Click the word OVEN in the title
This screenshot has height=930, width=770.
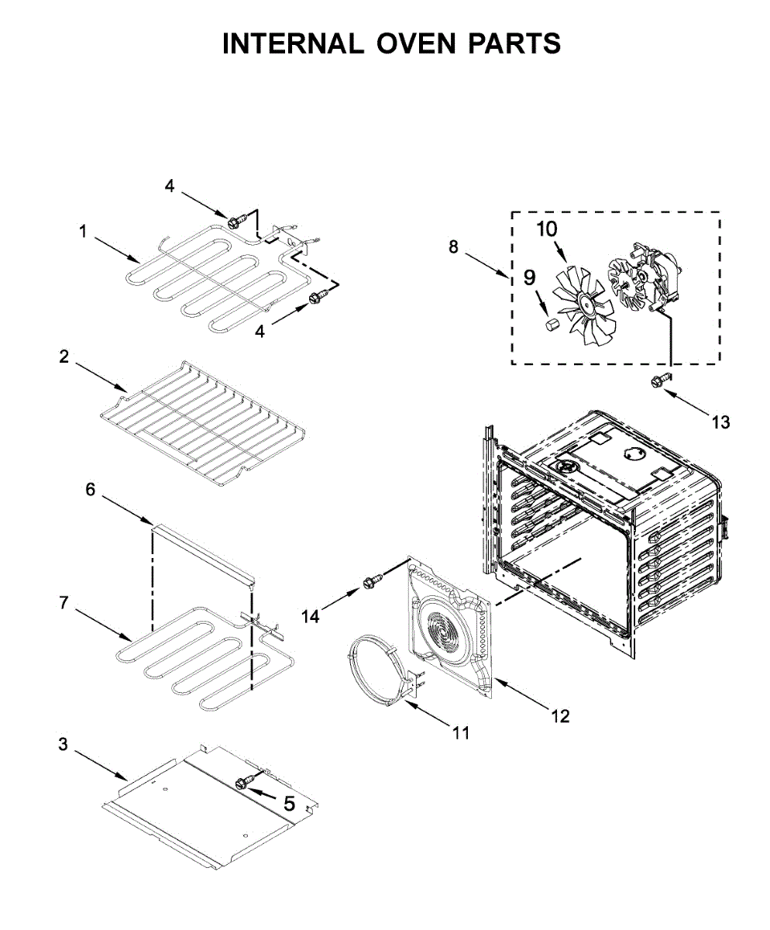(x=414, y=44)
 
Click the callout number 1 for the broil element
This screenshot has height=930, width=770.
(x=83, y=230)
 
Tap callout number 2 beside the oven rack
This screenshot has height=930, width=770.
(x=64, y=357)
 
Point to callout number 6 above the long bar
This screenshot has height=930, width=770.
(x=91, y=490)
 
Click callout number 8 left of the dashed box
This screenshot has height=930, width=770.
(x=453, y=247)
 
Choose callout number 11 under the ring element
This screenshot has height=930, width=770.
(x=461, y=732)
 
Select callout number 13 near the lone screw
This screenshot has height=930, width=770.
(x=720, y=422)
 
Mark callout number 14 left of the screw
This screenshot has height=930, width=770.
(x=311, y=616)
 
